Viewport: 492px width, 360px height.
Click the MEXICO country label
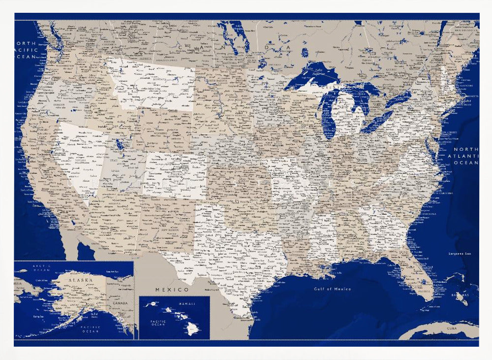point(172,289)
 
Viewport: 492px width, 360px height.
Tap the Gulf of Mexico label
point(332,289)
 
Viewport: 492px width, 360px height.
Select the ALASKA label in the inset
point(80,280)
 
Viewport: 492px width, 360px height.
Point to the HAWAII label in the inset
point(187,304)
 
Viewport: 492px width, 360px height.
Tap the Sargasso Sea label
point(460,253)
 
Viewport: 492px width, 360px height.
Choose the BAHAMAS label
point(461,295)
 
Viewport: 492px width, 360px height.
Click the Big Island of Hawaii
point(190,329)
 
